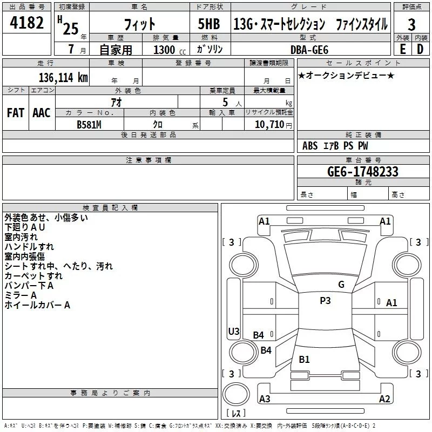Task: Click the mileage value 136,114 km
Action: pyautogui.click(x=63, y=77)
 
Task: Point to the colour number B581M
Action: pyautogui.click(x=90, y=124)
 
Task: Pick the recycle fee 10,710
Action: pyautogui.click(x=270, y=124)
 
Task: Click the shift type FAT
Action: pyautogui.click(x=15, y=112)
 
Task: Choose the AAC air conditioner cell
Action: pyautogui.click(x=41, y=112)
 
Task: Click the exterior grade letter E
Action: pyautogui.click(x=402, y=49)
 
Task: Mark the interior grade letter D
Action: pyautogui.click(x=420, y=49)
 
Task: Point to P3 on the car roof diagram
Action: pyautogui.click(x=325, y=301)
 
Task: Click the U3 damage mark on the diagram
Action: pyautogui.click(x=233, y=331)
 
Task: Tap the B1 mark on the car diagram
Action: pyautogui.click(x=304, y=360)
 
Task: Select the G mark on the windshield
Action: pyautogui.click(x=341, y=285)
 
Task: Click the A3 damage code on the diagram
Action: pyautogui.click(x=265, y=399)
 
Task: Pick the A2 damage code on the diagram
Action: pyautogui.click(x=384, y=399)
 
